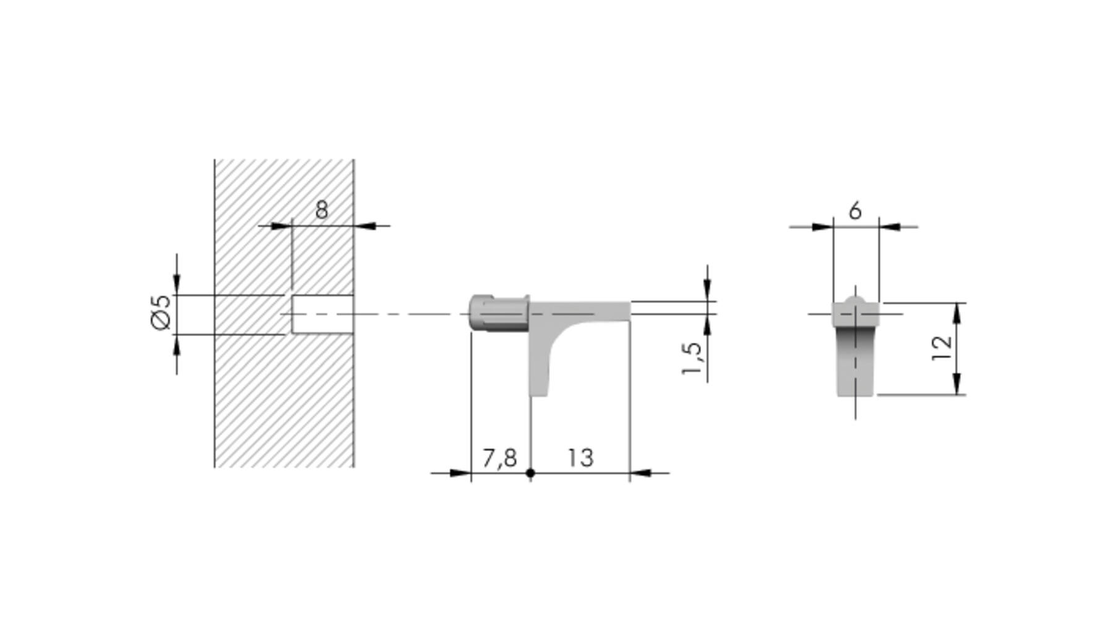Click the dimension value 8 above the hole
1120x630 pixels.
[x=321, y=210]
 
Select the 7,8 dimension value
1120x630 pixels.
[x=499, y=458]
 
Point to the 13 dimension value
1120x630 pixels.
[x=580, y=458]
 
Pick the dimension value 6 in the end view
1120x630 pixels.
[x=855, y=211]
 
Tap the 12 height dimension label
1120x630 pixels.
[x=941, y=348]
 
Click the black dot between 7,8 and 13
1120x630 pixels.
[x=530, y=473]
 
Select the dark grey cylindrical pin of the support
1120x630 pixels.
[x=499, y=313]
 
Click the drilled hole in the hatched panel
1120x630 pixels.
[x=322, y=314]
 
